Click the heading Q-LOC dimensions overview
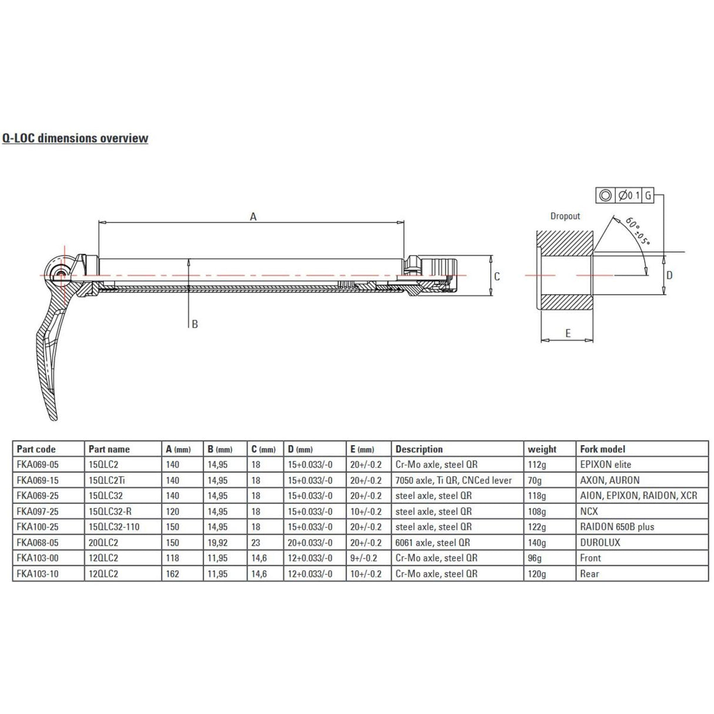(x=75, y=138)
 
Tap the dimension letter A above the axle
(x=253, y=216)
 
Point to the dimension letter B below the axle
(x=195, y=324)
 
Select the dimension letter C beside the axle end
(x=497, y=276)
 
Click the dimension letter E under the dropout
(x=568, y=333)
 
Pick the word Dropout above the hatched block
(x=565, y=216)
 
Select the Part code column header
(x=36, y=449)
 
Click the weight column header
(x=542, y=449)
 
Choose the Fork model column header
(x=602, y=449)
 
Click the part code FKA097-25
(x=38, y=512)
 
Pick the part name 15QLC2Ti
(x=106, y=481)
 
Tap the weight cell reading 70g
(x=535, y=481)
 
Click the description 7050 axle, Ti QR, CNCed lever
(x=453, y=481)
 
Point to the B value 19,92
(x=218, y=543)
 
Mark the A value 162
(x=173, y=574)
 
